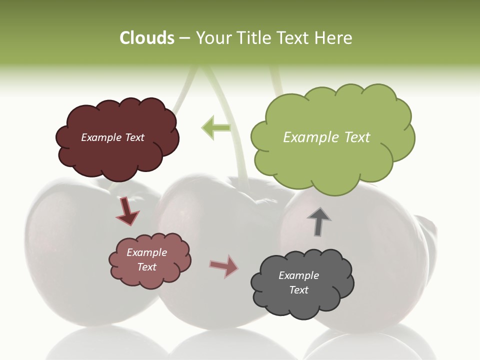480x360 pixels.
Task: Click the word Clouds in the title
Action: (147, 38)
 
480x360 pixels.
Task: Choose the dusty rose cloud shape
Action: (150, 277)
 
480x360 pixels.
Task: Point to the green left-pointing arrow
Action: (216, 127)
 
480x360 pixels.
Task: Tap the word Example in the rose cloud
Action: (146, 252)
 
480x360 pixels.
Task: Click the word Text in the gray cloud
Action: (299, 290)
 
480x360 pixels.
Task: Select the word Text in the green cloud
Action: (358, 137)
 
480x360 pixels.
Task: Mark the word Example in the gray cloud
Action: (298, 275)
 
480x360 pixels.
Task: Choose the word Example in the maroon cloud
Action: (102, 137)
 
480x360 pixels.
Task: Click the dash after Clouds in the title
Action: (184, 38)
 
